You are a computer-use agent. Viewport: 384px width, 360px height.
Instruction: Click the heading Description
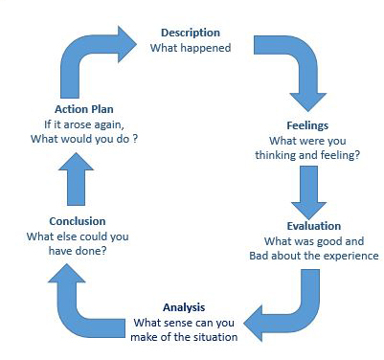(190, 32)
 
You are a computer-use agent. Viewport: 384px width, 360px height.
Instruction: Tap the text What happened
(191, 47)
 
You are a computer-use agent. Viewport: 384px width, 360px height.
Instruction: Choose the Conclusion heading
(58, 220)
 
